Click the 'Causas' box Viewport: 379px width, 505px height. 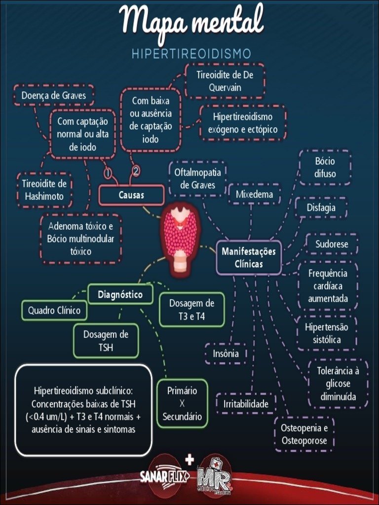[x=131, y=195]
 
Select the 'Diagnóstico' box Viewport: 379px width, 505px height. [x=120, y=295]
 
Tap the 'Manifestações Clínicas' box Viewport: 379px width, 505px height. [x=249, y=257]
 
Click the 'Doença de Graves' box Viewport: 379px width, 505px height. [x=53, y=95]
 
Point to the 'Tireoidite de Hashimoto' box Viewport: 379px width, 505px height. [x=44, y=190]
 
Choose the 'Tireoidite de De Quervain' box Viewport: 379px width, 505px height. [x=225, y=81]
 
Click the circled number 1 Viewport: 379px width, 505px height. [x=108, y=173]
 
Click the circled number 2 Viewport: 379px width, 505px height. [x=136, y=171]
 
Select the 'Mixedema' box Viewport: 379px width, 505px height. [x=254, y=194]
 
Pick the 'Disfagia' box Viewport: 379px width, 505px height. [x=321, y=208]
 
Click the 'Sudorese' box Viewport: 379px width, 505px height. [x=332, y=244]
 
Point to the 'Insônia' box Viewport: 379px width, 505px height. [x=226, y=354]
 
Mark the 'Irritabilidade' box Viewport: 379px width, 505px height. [x=246, y=404]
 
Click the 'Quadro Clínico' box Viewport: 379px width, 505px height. [x=54, y=311]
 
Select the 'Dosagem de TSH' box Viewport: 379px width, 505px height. [x=106, y=341]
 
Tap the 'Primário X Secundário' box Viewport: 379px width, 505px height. [x=182, y=404]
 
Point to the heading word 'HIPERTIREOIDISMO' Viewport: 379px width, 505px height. [x=191, y=54]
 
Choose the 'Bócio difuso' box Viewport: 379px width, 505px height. [x=325, y=168]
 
